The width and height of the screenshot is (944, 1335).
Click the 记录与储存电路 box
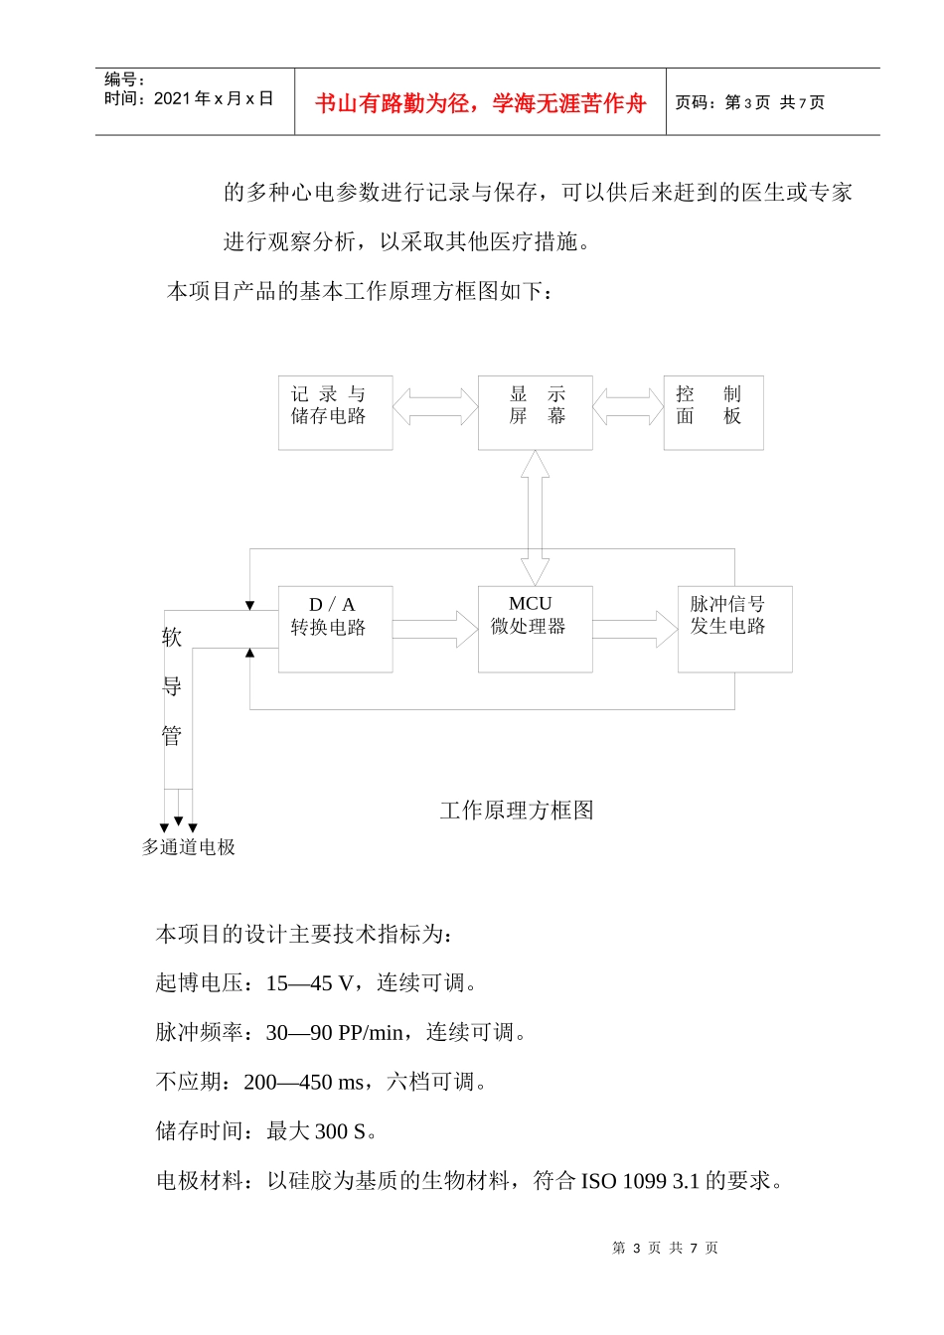point(335,412)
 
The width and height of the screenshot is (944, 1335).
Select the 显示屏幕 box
point(535,412)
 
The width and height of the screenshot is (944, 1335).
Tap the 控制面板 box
point(712,412)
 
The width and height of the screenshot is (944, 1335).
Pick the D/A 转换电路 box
point(335,629)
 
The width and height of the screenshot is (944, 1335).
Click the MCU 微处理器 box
point(535,629)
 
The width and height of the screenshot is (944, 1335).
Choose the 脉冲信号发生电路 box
point(734,629)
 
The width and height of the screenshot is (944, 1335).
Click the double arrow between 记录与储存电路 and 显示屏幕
point(435,406)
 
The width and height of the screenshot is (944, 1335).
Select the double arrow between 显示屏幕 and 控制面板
point(628,406)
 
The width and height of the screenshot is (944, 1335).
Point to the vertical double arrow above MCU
point(535,518)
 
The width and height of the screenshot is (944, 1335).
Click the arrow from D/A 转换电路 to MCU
point(435,629)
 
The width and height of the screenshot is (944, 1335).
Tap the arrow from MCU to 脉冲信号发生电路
point(635,629)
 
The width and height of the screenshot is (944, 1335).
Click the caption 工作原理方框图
point(517,811)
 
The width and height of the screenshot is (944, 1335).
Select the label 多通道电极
point(189,847)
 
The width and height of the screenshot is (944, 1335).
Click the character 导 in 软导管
point(172,686)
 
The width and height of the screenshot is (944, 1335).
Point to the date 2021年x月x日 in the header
point(214,98)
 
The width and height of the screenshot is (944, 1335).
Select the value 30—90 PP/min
point(334,1033)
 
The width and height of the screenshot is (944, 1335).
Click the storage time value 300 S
point(340,1131)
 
